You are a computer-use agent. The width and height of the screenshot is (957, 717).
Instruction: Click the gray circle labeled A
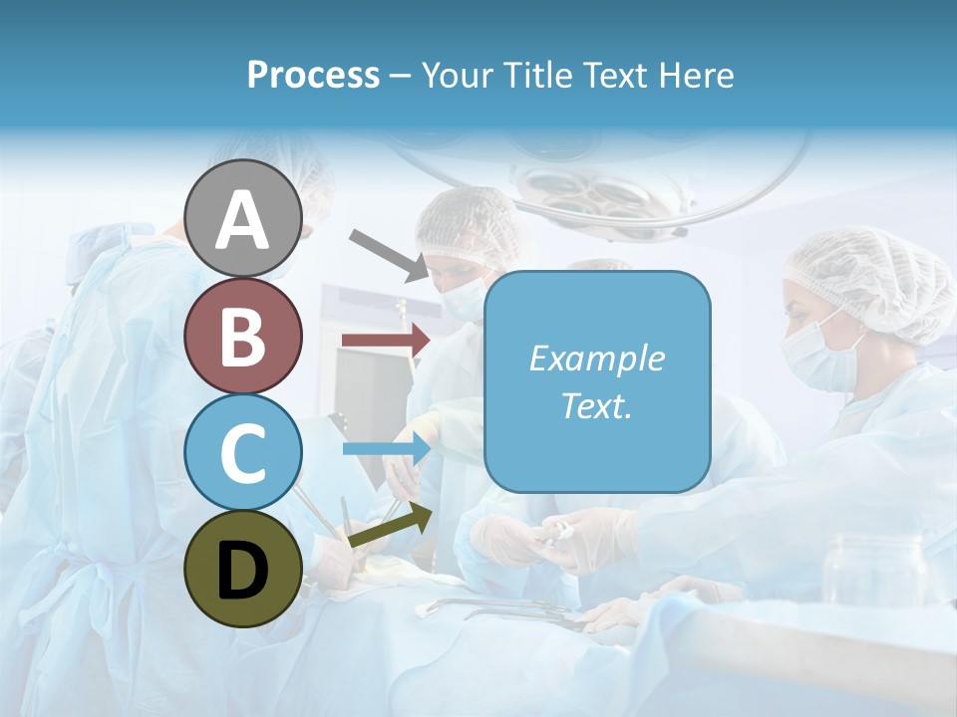(242, 219)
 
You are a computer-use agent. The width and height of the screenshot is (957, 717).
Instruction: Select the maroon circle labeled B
(242, 336)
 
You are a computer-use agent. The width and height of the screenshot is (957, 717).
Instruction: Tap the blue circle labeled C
(242, 452)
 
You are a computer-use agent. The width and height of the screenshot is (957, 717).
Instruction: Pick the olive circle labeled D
(242, 569)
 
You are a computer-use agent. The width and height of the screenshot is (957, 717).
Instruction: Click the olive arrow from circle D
(390, 527)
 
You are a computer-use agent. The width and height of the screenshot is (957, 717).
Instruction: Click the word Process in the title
(313, 75)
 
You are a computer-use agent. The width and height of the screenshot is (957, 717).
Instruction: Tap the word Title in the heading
(533, 75)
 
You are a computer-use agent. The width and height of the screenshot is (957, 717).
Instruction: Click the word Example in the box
(596, 358)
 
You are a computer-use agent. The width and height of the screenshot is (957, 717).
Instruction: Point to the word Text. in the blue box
(596, 405)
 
